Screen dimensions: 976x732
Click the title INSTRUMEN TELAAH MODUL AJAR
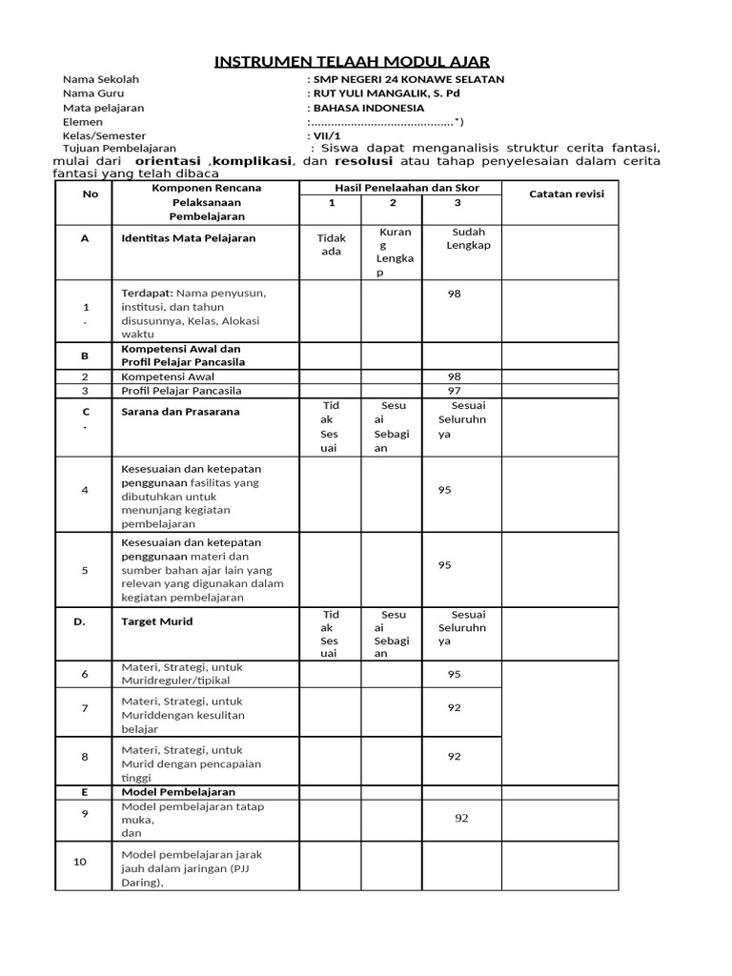(x=352, y=62)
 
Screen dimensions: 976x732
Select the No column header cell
(x=91, y=193)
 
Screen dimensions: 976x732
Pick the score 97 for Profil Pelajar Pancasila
(x=455, y=391)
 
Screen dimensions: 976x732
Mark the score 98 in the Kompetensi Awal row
(x=455, y=376)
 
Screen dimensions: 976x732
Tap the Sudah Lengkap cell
(x=468, y=238)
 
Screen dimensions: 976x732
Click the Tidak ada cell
(x=331, y=244)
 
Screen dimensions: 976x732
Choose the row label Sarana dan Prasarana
(x=180, y=412)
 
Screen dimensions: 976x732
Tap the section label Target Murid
(x=156, y=620)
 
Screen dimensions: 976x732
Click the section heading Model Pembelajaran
(x=178, y=791)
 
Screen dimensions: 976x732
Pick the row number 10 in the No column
(x=80, y=862)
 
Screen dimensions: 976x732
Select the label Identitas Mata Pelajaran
(x=188, y=238)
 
